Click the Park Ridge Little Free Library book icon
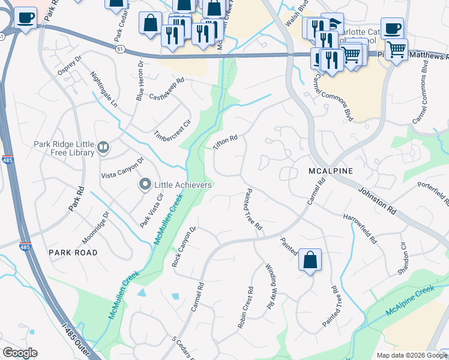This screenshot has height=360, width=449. click(x=103, y=147)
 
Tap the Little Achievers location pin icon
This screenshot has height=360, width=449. click(x=145, y=185)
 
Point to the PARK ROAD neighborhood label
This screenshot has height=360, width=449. click(x=73, y=253)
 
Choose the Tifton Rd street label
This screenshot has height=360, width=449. click(x=226, y=142)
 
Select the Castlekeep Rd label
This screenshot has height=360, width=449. click(x=166, y=88)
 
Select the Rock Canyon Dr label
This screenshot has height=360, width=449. click(x=184, y=247)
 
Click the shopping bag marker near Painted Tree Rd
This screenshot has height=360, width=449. click(x=310, y=261)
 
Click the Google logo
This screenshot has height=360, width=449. click(x=20, y=353)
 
